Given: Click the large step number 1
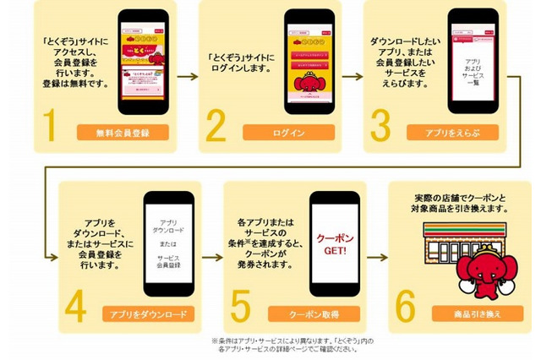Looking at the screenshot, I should pyautogui.click(x=50, y=124).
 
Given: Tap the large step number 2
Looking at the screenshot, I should pyautogui.click(x=216, y=124).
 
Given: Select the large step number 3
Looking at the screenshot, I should pyautogui.click(x=380, y=124).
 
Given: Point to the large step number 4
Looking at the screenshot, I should pyautogui.click(x=75, y=305).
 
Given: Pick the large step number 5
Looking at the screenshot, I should pyautogui.click(x=241, y=305).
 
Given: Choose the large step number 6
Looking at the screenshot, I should pyautogui.click(x=406, y=305).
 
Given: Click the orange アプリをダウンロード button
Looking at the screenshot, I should pyautogui.click(x=148, y=314).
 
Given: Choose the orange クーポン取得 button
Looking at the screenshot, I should pyautogui.click(x=313, y=314).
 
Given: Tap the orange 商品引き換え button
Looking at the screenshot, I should pyautogui.click(x=478, y=314).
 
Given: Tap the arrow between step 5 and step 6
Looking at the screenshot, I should pyautogui.click(x=377, y=257).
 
